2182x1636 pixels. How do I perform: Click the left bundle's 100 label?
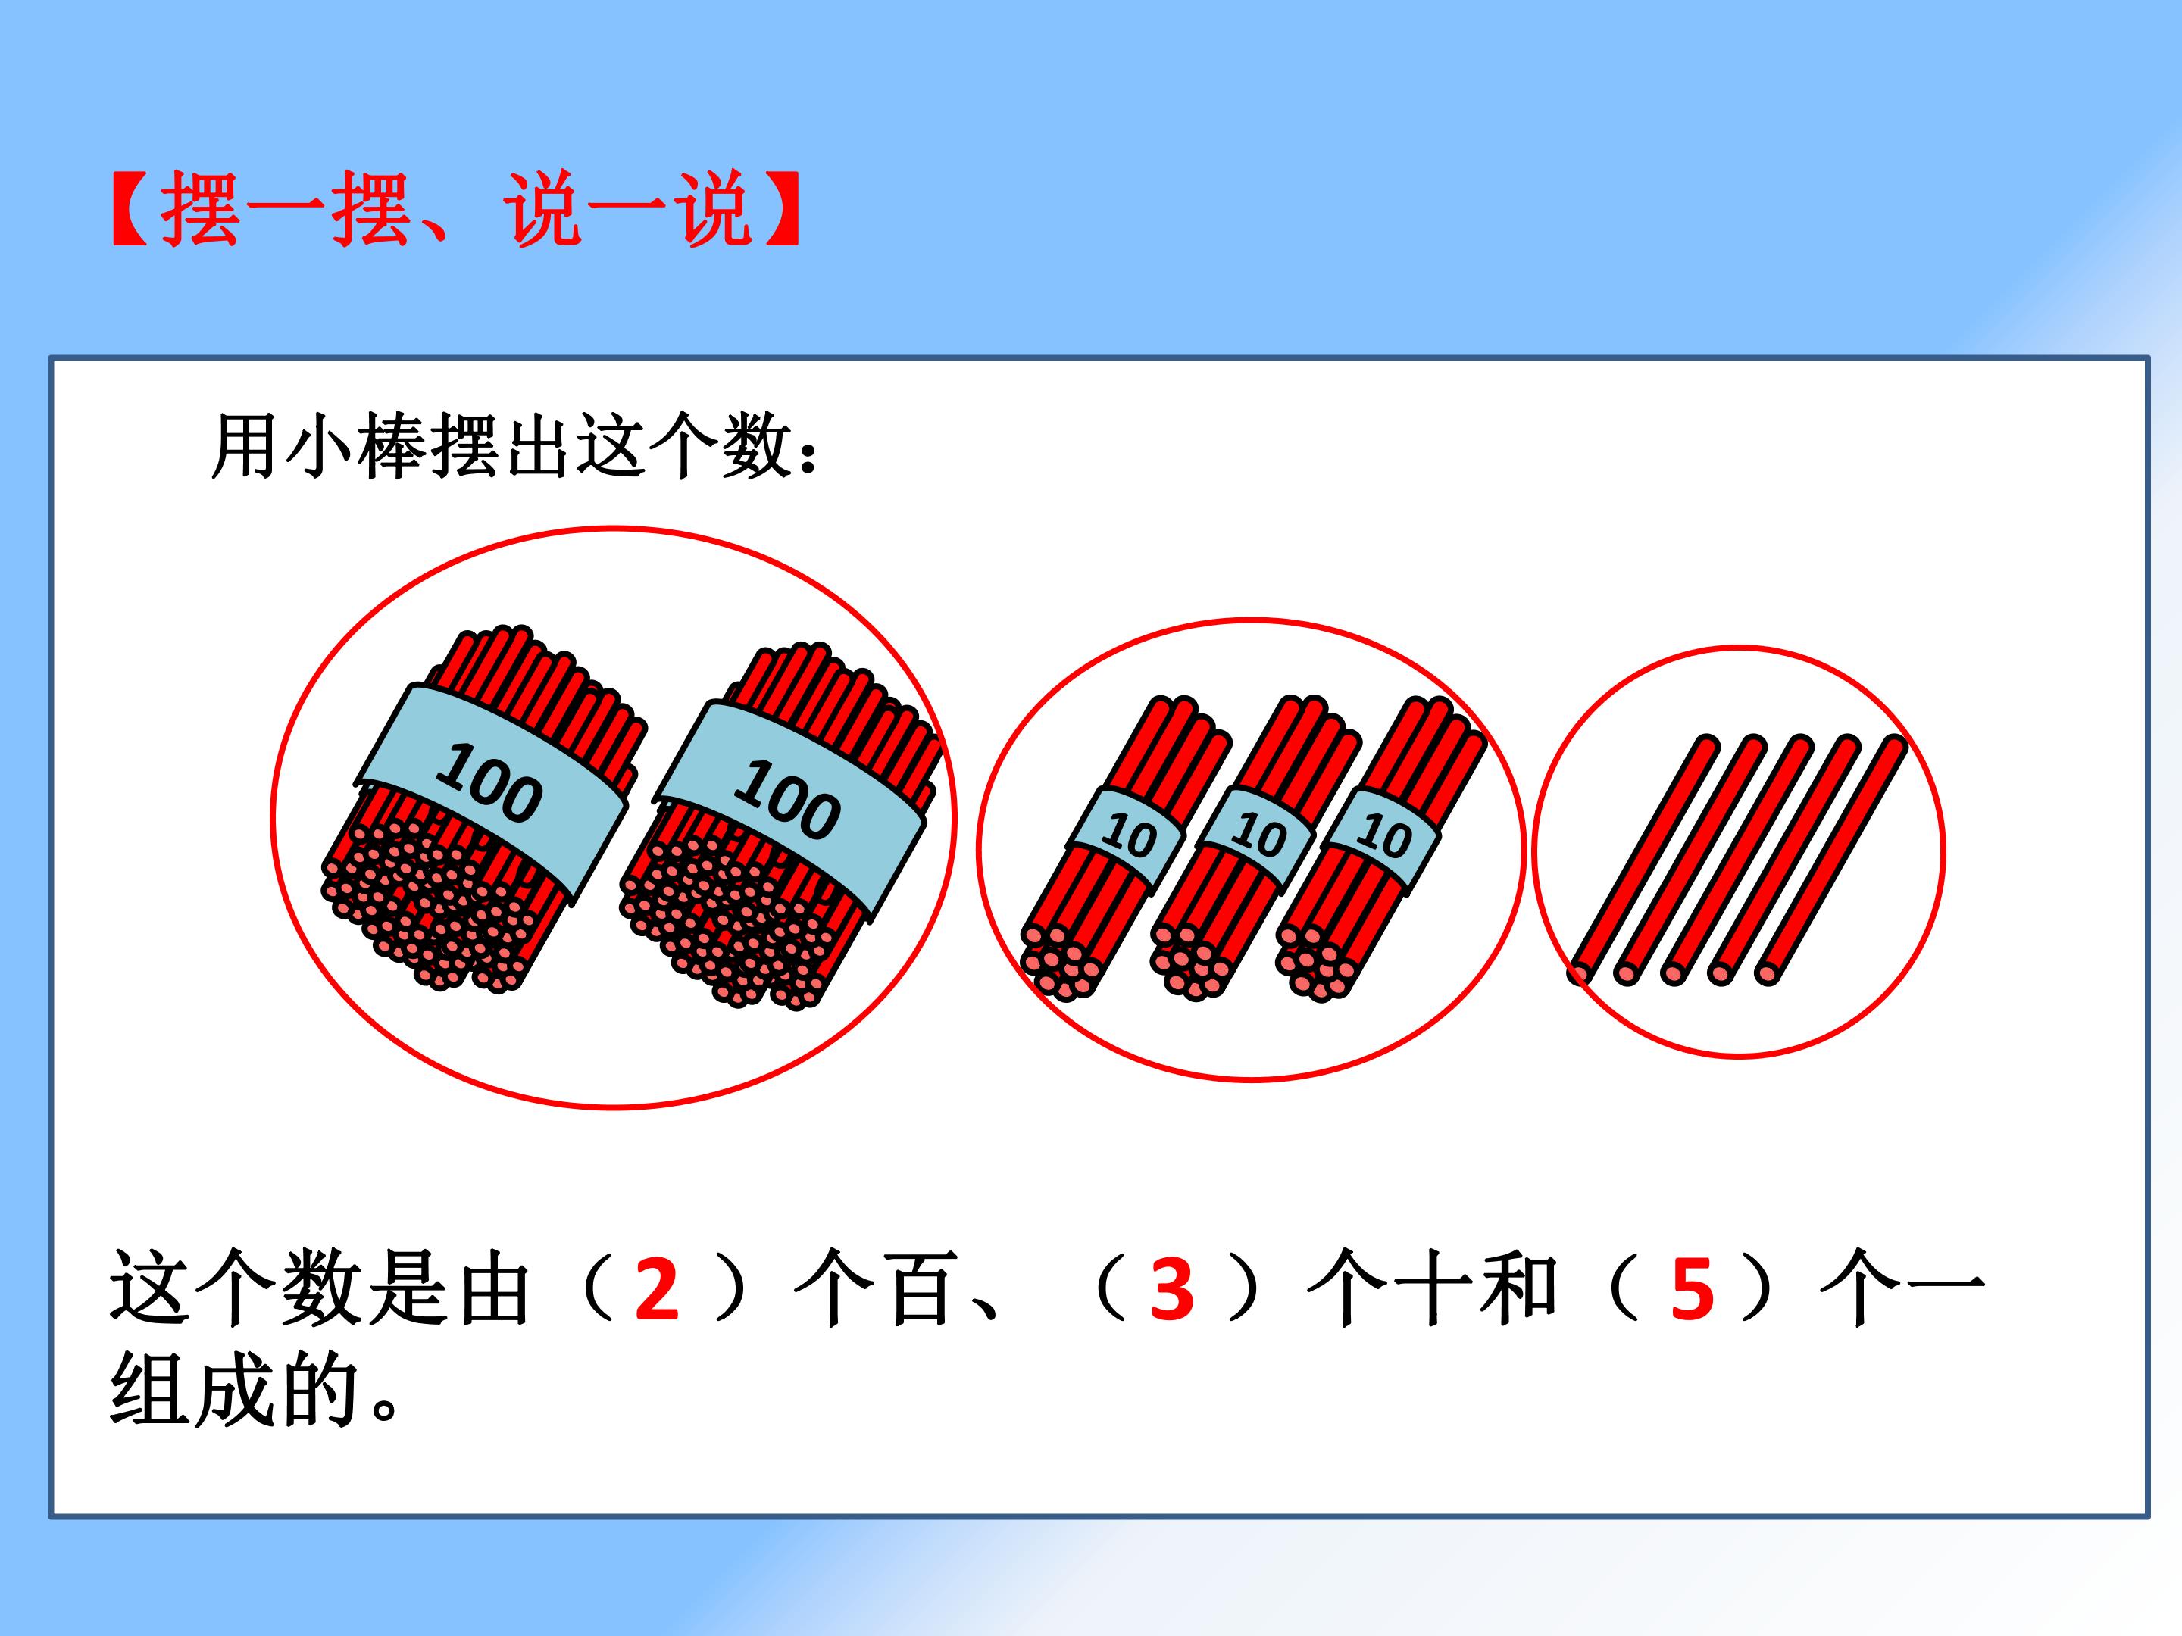coord(490,785)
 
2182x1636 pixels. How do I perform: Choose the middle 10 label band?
coord(1255,837)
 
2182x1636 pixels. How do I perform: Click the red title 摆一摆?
coord(285,208)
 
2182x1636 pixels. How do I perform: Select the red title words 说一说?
coord(627,208)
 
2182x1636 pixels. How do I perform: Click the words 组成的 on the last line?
coord(234,1390)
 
